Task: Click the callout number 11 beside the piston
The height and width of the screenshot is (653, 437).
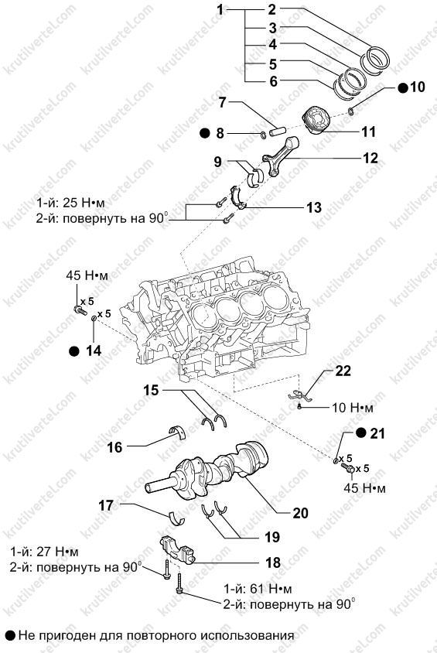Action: click(368, 132)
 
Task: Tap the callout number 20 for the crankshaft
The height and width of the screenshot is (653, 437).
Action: click(300, 513)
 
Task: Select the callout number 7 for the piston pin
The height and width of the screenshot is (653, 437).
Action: click(222, 101)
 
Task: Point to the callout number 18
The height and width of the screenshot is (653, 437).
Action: click(273, 562)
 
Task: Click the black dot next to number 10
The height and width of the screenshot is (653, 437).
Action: click(403, 87)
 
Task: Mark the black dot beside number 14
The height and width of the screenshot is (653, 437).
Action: click(74, 351)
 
